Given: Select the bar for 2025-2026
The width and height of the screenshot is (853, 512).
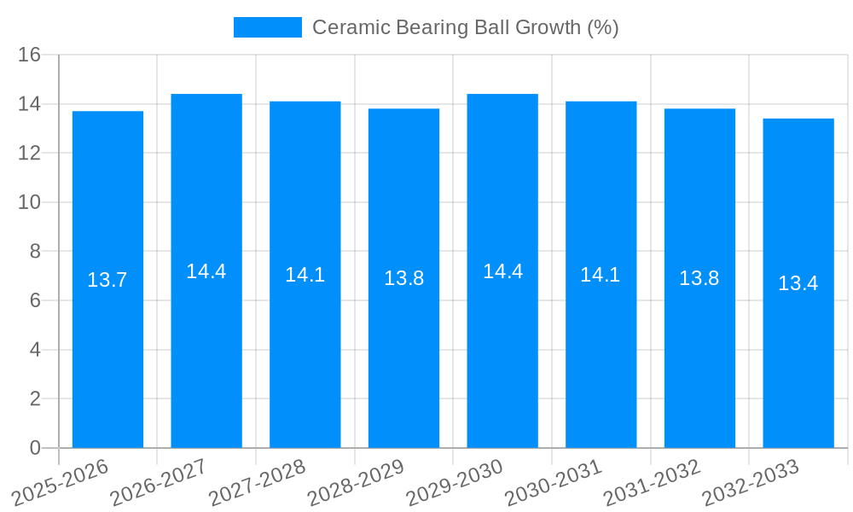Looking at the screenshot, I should (x=107, y=358).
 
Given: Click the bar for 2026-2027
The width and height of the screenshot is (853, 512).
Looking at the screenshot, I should (x=206, y=358).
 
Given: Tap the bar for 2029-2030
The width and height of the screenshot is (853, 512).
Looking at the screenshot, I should (x=502, y=358).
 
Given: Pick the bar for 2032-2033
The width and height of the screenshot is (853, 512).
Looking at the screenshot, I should (x=798, y=358).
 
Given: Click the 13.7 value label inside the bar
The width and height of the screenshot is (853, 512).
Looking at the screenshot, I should (x=107, y=280).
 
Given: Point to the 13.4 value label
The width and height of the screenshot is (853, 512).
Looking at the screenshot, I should (x=798, y=283).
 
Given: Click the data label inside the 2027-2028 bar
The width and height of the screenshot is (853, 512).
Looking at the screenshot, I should (x=305, y=275).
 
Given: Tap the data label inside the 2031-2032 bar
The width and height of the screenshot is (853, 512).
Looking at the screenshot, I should (x=699, y=278).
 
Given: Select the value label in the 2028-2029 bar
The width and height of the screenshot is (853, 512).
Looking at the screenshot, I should (x=403, y=278).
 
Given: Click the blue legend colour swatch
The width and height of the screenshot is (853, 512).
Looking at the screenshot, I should (x=267, y=27).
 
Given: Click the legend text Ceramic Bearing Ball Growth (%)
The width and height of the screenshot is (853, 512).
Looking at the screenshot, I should (x=465, y=27).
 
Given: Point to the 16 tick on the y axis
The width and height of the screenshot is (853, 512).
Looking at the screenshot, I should (x=30, y=55).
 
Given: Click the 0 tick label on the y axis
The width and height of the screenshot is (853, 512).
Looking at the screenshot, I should (x=35, y=448).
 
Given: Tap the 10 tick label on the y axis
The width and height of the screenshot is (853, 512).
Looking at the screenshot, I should (x=30, y=202).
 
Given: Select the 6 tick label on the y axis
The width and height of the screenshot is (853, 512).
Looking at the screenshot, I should (x=35, y=300).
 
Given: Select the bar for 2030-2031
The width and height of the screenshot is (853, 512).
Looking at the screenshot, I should (x=601, y=358).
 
